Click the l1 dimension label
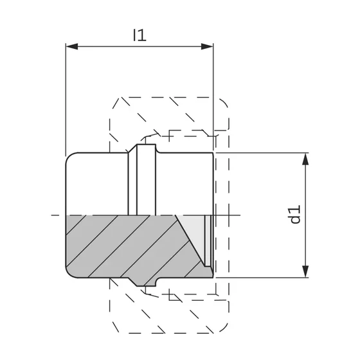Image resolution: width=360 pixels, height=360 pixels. (x=139, y=35)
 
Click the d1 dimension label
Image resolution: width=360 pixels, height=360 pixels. (x=295, y=215)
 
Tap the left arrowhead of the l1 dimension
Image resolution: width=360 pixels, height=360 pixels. (x=72, y=46)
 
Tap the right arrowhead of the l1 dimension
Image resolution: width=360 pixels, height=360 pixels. (x=207, y=46)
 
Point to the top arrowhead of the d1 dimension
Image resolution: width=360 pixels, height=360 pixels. (x=305, y=159)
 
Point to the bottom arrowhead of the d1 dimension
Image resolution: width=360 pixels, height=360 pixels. (x=305, y=271)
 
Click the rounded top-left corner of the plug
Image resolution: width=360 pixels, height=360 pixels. (x=69, y=156)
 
